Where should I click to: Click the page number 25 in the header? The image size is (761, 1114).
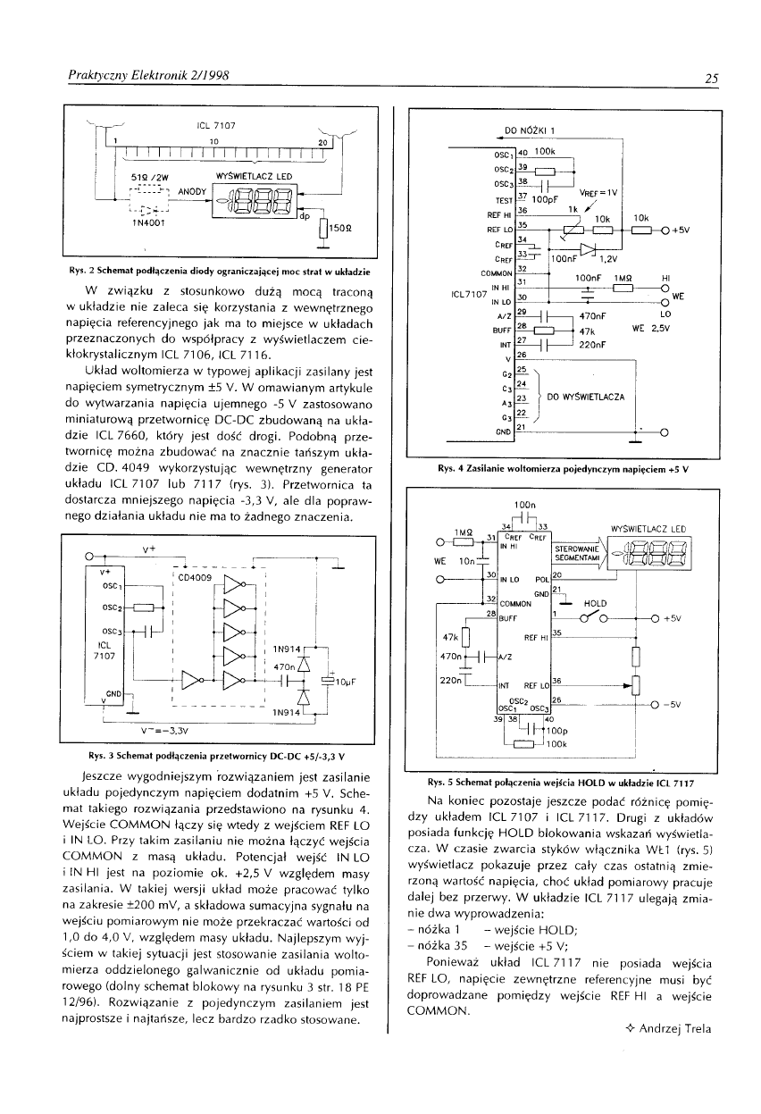711,78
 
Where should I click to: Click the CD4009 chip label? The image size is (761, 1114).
194,576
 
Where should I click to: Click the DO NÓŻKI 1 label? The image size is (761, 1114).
531,130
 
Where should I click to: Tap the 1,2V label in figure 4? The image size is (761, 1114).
607,258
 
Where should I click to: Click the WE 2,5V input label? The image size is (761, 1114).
650,328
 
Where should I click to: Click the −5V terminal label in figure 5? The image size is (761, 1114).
670,704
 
